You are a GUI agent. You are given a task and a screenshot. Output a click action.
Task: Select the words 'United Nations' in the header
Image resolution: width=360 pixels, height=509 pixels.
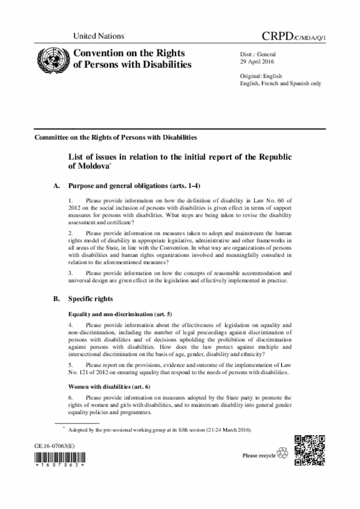click(98, 37)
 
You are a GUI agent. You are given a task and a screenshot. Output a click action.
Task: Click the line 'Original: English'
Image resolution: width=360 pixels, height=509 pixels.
click(261, 75)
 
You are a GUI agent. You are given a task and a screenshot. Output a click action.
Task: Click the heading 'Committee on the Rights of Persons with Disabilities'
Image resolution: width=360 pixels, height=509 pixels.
click(116, 137)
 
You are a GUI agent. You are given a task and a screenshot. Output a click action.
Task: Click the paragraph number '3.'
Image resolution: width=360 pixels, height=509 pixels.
click(70, 273)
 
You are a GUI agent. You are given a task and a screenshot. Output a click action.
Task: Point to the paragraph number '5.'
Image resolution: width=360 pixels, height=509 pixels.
click(70, 364)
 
